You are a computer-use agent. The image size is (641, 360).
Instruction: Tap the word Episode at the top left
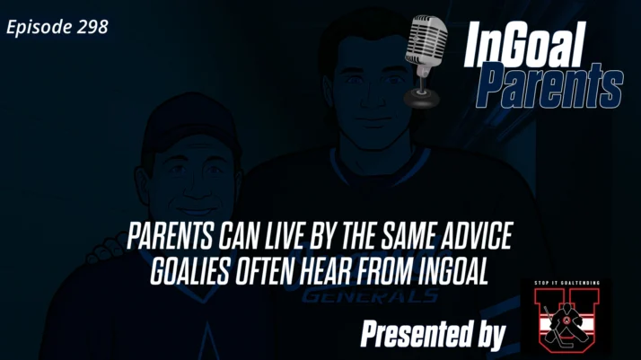(x=39, y=27)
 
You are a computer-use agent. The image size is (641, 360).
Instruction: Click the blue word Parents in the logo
(x=549, y=87)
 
